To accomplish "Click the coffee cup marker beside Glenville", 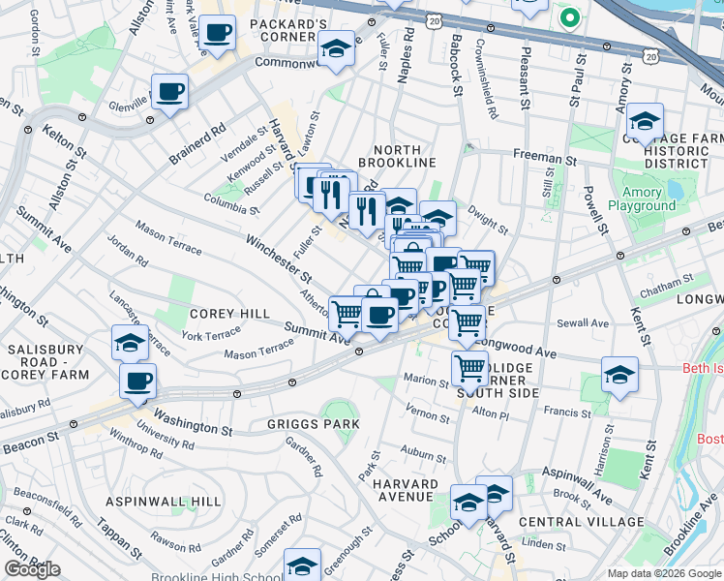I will coord(169,93).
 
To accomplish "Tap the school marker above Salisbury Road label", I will coord(130,343).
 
